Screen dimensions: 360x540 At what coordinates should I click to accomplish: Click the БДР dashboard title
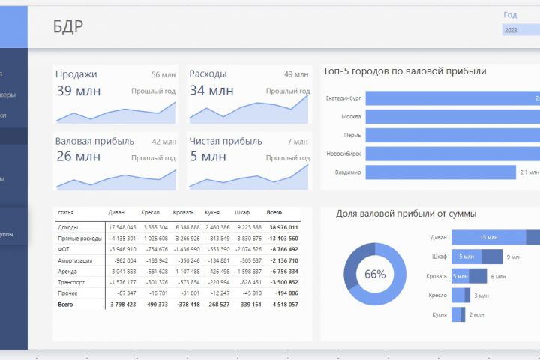68,28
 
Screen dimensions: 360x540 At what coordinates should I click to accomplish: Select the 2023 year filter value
511,30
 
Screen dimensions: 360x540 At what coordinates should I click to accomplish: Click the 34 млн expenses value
211,91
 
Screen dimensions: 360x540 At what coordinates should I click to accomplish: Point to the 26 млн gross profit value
79,157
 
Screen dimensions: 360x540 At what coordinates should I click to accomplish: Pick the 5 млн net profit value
208,157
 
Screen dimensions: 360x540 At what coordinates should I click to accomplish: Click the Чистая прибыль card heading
226,140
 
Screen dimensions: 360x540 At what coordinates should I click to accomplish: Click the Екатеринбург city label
343,98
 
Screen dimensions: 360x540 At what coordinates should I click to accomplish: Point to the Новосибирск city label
343,154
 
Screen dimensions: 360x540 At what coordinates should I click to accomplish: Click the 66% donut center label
375,274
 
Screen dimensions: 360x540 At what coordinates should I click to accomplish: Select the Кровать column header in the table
183,213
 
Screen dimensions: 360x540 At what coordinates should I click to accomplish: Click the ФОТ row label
64,248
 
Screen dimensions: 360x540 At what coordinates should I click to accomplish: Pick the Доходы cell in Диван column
121,227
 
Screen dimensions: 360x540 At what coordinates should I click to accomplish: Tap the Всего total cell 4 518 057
283,304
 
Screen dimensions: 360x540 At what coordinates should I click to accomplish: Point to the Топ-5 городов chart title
404,72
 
